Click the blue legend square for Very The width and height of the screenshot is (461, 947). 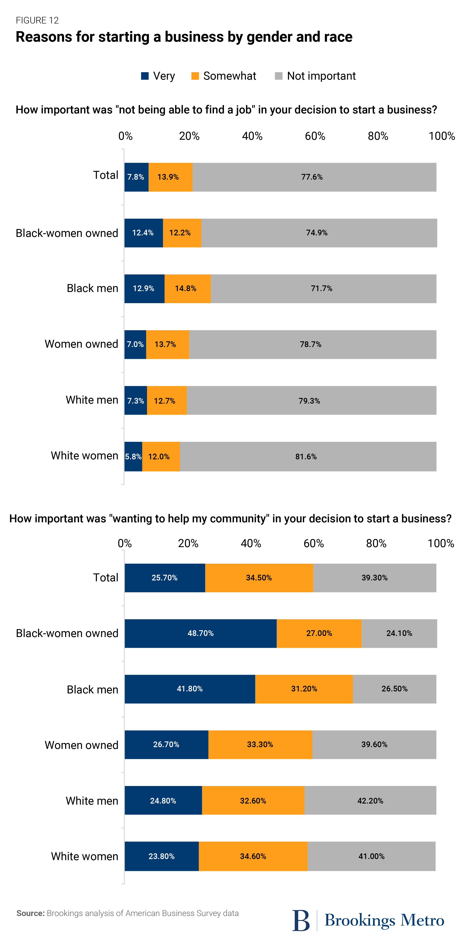click(x=145, y=76)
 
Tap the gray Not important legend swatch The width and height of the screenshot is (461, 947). click(x=279, y=76)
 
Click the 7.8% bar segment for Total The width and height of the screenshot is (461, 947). click(x=136, y=177)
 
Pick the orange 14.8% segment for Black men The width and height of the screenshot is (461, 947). click(x=187, y=289)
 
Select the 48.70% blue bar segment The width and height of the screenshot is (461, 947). click(x=200, y=633)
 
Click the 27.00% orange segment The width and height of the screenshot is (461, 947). click(x=319, y=633)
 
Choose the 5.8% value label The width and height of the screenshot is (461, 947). click(x=133, y=456)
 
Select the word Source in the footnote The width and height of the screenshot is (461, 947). click(x=30, y=913)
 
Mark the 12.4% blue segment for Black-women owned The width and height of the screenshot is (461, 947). click(x=143, y=233)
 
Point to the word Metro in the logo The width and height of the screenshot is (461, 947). click(x=422, y=920)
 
